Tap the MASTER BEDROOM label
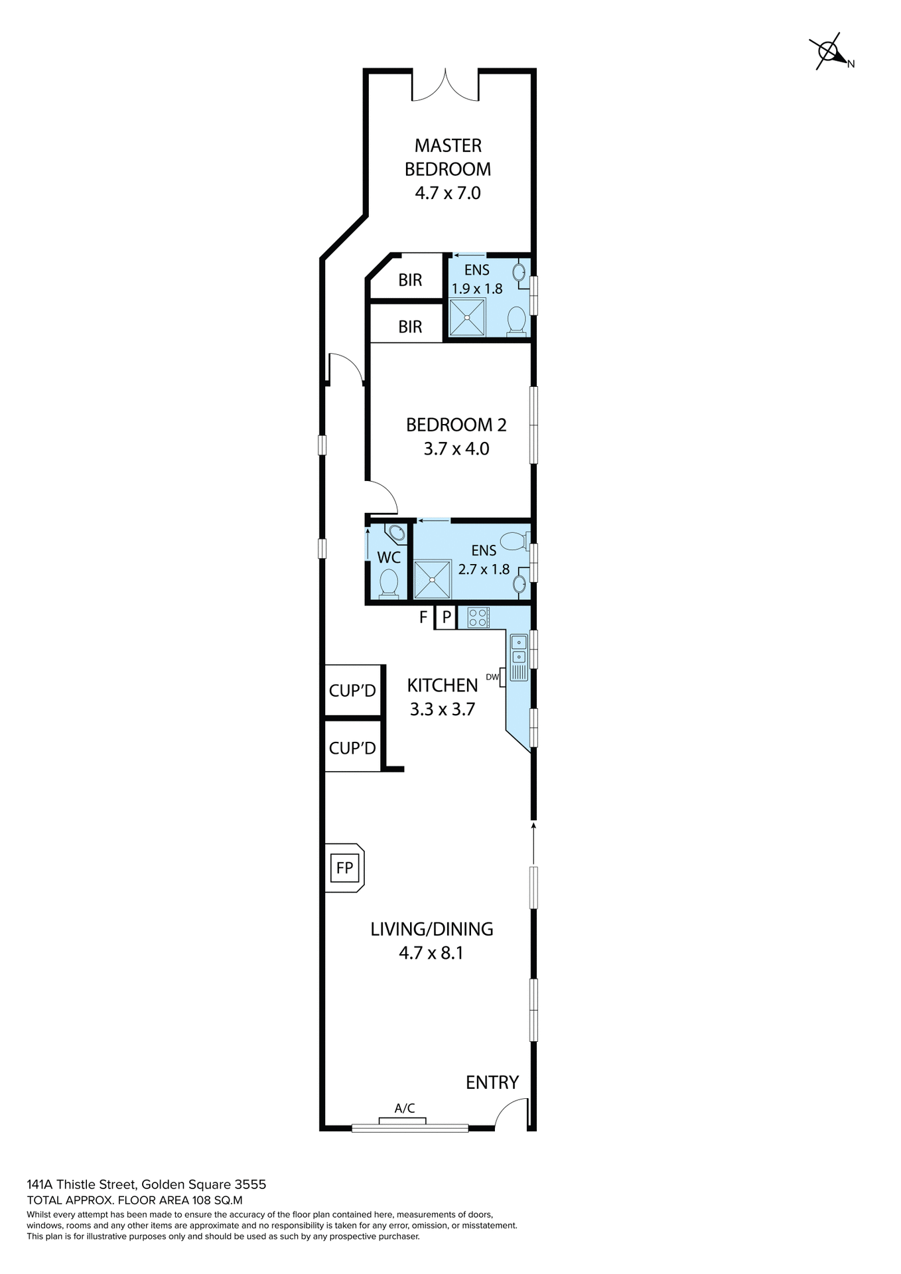448,157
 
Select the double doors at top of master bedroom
445,85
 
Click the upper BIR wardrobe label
410,280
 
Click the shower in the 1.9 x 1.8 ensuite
467,317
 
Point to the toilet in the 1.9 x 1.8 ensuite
516,322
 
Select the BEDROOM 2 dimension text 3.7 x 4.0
456,449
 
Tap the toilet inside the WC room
388,584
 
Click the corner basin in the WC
396,533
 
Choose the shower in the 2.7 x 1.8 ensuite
432,579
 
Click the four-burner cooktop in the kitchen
478,618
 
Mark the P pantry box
447,618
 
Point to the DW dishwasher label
492,677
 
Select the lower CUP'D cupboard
352,748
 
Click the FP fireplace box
344,868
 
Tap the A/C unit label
405,1108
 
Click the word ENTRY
492,1082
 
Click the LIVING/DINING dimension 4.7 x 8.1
431,954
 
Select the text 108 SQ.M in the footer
217,1200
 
